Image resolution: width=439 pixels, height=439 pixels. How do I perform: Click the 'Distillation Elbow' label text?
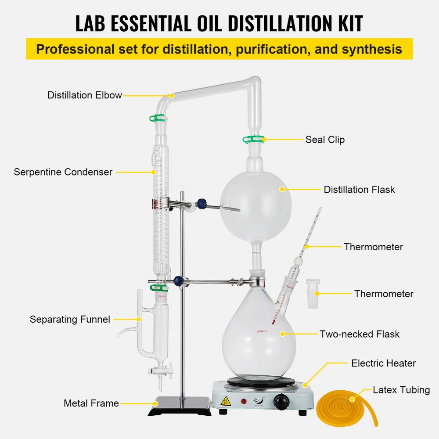[x=85, y=95]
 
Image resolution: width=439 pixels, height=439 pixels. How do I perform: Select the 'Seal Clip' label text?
[x=325, y=140]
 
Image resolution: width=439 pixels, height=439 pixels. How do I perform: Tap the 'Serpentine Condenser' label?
[x=63, y=172]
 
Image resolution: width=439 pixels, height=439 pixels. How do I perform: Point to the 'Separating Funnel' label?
[x=70, y=319]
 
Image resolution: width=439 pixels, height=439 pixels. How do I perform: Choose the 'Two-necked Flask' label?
[x=360, y=334]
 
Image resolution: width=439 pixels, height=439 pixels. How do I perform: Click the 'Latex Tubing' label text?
[x=401, y=390]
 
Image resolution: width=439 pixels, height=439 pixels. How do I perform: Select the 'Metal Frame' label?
[x=91, y=403]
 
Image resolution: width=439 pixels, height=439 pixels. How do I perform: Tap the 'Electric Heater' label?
[x=383, y=363]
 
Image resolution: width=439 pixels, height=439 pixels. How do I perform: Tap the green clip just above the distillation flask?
[x=253, y=140]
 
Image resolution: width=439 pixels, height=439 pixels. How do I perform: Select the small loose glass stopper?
[x=313, y=293]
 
